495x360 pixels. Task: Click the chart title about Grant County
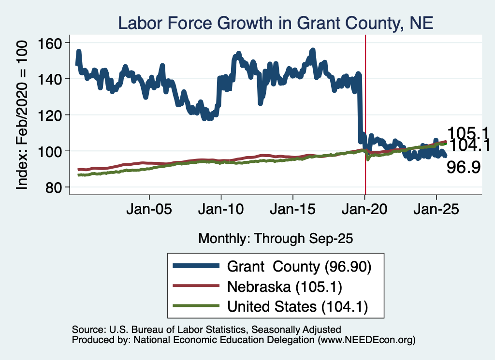pos(276,23)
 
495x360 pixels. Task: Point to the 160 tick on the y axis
pos(50,43)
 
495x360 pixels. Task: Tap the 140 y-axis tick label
pos(50,79)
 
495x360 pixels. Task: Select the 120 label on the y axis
pos(50,115)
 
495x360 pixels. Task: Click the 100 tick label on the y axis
pos(50,151)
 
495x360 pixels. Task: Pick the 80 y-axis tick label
pos(53,187)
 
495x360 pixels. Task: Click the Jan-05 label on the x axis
pos(149,209)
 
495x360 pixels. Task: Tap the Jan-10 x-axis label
pos(221,209)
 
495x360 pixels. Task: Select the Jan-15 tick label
pos(292,209)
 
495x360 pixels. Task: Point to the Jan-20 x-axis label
pos(364,209)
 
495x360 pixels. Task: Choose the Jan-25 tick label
pos(437,209)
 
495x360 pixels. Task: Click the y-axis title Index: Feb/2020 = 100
pos(22,115)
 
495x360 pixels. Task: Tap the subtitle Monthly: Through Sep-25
pos(276,239)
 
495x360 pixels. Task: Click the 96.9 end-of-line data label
pos(464,167)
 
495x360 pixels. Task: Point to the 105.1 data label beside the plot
pos(468,133)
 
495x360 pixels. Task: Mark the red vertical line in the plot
pos(365,115)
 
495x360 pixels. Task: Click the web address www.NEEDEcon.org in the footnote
pos(366,340)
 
